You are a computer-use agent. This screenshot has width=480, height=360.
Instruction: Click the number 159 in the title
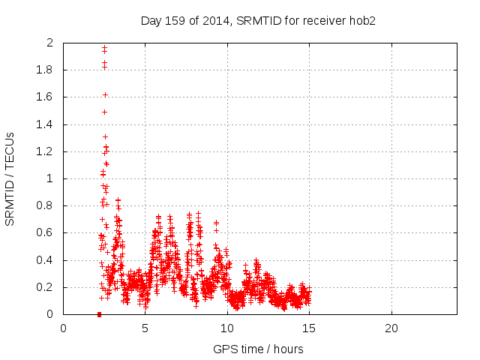coord(178,20)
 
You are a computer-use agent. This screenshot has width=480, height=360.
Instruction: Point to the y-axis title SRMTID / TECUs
coord(10,178)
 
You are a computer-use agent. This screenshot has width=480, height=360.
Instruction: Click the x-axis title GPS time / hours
coord(258,349)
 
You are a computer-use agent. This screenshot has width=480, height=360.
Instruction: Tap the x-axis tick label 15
coord(309,328)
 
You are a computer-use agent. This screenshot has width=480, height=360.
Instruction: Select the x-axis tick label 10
coord(227,328)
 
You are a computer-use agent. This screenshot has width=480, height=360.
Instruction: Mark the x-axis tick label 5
coord(145,328)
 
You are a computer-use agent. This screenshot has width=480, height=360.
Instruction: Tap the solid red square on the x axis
coord(99,314)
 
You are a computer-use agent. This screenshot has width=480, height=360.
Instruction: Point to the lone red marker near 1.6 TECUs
coord(105,94)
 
